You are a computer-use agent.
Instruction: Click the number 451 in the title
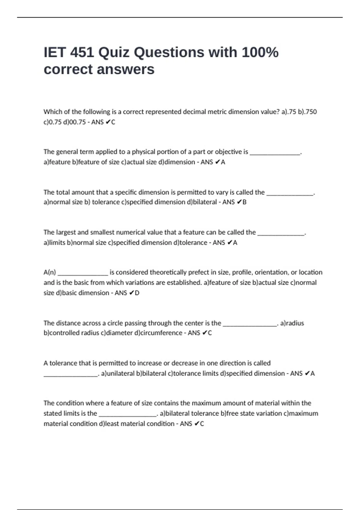[x=82, y=52]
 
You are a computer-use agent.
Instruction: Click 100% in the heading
[x=260, y=52]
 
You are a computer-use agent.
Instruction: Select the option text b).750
[x=307, y=112]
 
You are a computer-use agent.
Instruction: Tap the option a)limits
[x=55, y=242]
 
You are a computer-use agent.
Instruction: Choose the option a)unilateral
[x=118, y=373]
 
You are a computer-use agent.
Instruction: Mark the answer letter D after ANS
[x=137, y=293]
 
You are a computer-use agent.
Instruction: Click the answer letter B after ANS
[x=244, y=202]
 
